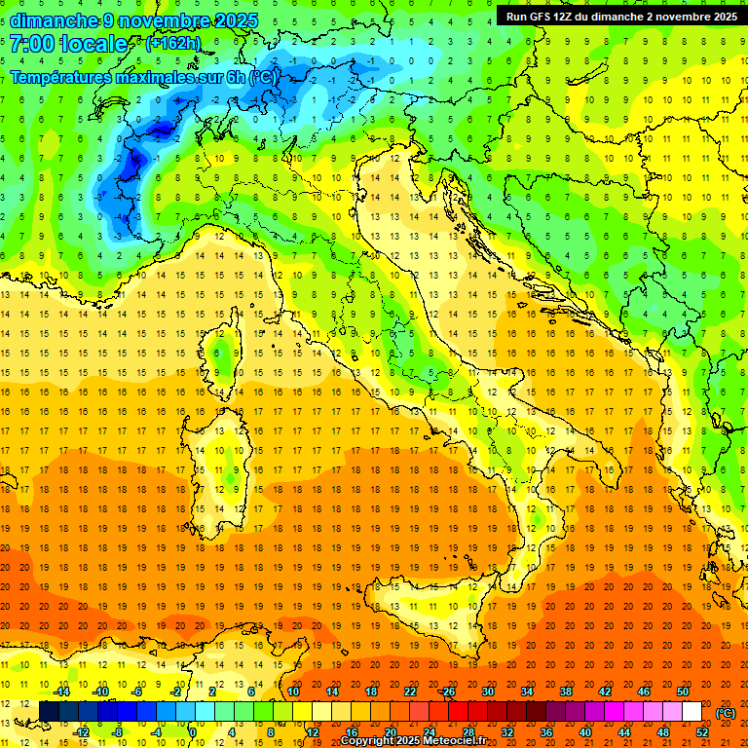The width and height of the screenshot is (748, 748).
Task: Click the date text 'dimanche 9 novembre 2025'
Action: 134,20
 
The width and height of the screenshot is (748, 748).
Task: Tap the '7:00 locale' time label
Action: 68,44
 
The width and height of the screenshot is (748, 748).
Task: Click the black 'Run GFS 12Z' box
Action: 620,16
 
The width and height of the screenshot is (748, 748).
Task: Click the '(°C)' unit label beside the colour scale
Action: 726,713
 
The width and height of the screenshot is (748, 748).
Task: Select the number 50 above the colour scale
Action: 682,692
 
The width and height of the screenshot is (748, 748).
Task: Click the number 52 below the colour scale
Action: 702,732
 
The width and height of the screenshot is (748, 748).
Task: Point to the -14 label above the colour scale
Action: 60,692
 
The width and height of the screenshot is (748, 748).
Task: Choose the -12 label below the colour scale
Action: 81,732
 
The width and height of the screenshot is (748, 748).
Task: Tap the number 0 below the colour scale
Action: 193,732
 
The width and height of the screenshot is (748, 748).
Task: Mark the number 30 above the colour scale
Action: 487,692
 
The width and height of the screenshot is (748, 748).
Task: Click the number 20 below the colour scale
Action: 390,732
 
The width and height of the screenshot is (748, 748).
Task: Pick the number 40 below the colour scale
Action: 584,732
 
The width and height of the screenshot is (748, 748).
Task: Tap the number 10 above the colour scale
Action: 292,692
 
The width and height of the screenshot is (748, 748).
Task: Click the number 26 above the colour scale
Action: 448,692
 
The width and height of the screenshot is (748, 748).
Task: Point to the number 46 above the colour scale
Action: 643,692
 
